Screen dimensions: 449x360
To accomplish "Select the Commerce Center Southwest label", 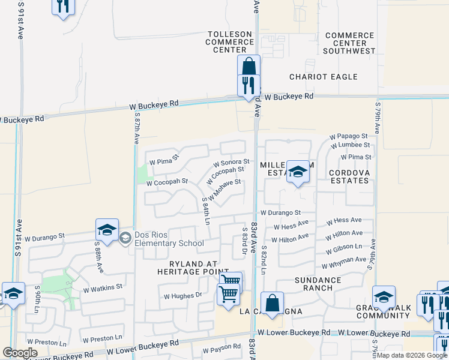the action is click(x=349, y=43).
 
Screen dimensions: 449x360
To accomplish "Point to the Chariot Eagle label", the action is click(x=323, y=77).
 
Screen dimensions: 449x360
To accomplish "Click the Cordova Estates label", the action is click(x=348, y=176).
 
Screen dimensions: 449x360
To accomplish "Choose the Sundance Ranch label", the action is click(x=313, y=284).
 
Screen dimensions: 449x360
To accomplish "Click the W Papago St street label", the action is click(x=349, y=137).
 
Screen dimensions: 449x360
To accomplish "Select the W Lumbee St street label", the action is click(x=349, y=145).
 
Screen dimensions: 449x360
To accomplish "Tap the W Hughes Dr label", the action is click(x=183, y=296).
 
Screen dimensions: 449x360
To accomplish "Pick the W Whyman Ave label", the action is click(x=344, y=263).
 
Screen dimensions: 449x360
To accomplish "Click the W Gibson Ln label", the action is click(x=344, y=248).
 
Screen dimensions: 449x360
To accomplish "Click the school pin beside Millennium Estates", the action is click(x=297, y=172).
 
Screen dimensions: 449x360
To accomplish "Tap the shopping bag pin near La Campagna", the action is click(x=273, y=303).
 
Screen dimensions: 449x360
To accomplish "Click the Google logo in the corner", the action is click(x=20, y=353).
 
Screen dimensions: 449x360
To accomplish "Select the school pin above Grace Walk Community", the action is click(x=384, y=297).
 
